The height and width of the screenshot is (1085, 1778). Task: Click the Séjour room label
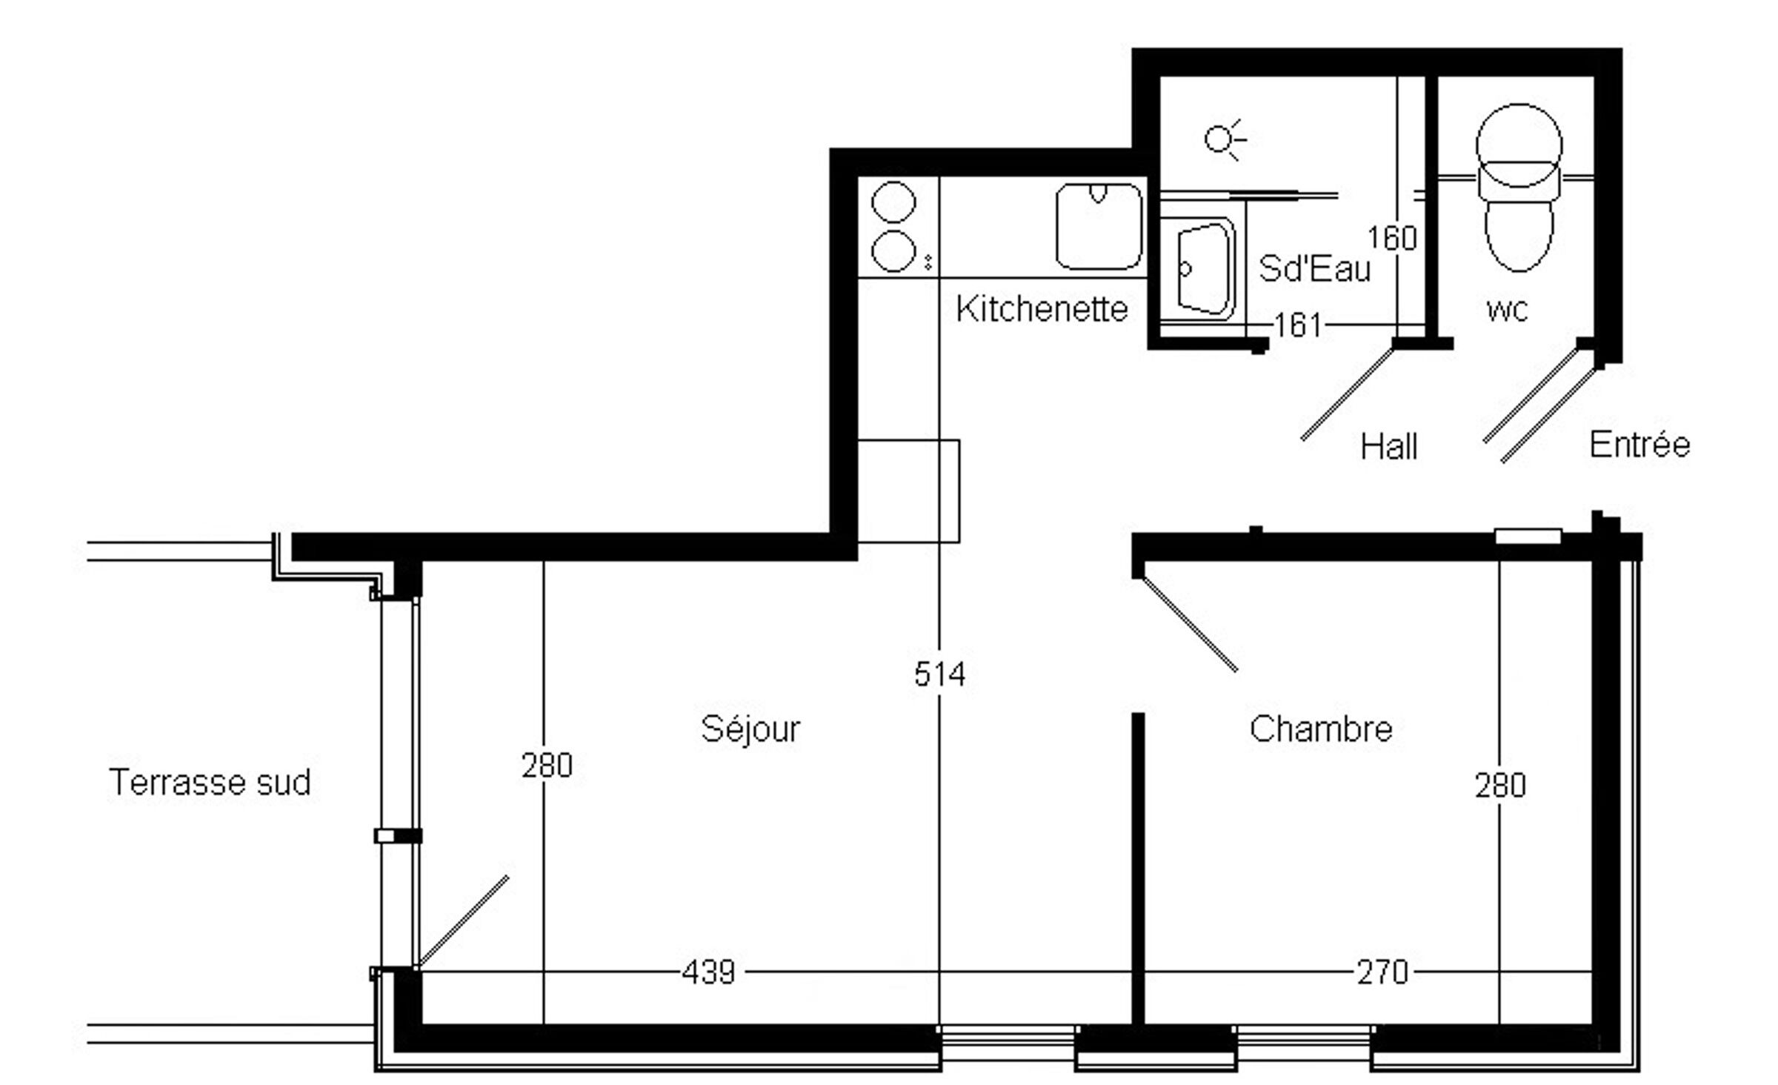(750, 729)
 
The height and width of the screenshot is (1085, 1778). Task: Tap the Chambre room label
(1321, 729)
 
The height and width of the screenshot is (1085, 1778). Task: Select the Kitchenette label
(1042, 308)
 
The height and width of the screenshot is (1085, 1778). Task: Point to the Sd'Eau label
(1315, 268)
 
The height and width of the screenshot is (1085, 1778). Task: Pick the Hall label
(1389, 447)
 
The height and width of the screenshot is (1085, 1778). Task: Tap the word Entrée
(1639, 444)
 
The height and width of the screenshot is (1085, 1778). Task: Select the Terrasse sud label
(210, 783)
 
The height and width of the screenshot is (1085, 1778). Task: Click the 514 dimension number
(939, 674)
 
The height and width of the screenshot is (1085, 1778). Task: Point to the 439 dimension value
(709, 972)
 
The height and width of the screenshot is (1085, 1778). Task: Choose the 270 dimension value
(1382, 972)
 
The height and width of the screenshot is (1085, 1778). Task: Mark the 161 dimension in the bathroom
(1297, 325)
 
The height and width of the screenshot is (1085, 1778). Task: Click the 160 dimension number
(1392, 239)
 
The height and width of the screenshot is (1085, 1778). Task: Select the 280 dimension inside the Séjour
(547, 766)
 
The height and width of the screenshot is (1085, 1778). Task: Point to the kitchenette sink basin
(1099, 226)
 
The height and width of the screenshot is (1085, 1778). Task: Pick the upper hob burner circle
(893, 202)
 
